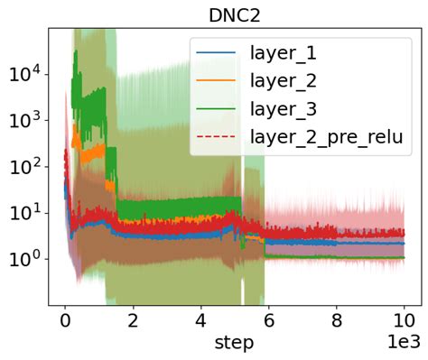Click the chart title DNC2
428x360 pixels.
(x=234, y=14)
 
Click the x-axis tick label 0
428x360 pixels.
(x=64, y=321)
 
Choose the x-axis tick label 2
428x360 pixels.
(x=132, y=321)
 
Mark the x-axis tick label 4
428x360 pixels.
(x=200, y=321)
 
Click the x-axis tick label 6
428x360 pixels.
(x=267, y=321)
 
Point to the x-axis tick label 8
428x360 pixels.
(x=335, y=321)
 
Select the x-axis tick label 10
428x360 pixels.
(x=403, y=321)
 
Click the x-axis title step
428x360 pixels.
(x=234, y=343)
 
